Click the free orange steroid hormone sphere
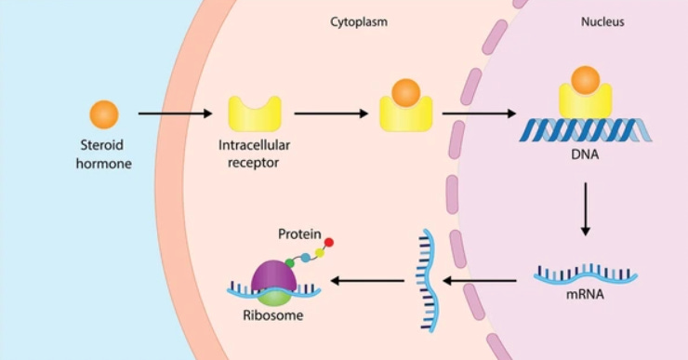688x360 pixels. [x=103, y=114]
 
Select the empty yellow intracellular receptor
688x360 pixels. [x=254, y=115]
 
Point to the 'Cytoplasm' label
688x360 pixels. [x=358, y=20]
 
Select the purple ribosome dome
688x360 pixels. [x=274, y=274]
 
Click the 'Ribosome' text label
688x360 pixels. [x=274, y=315]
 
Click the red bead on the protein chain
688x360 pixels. [x=328, y=243]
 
